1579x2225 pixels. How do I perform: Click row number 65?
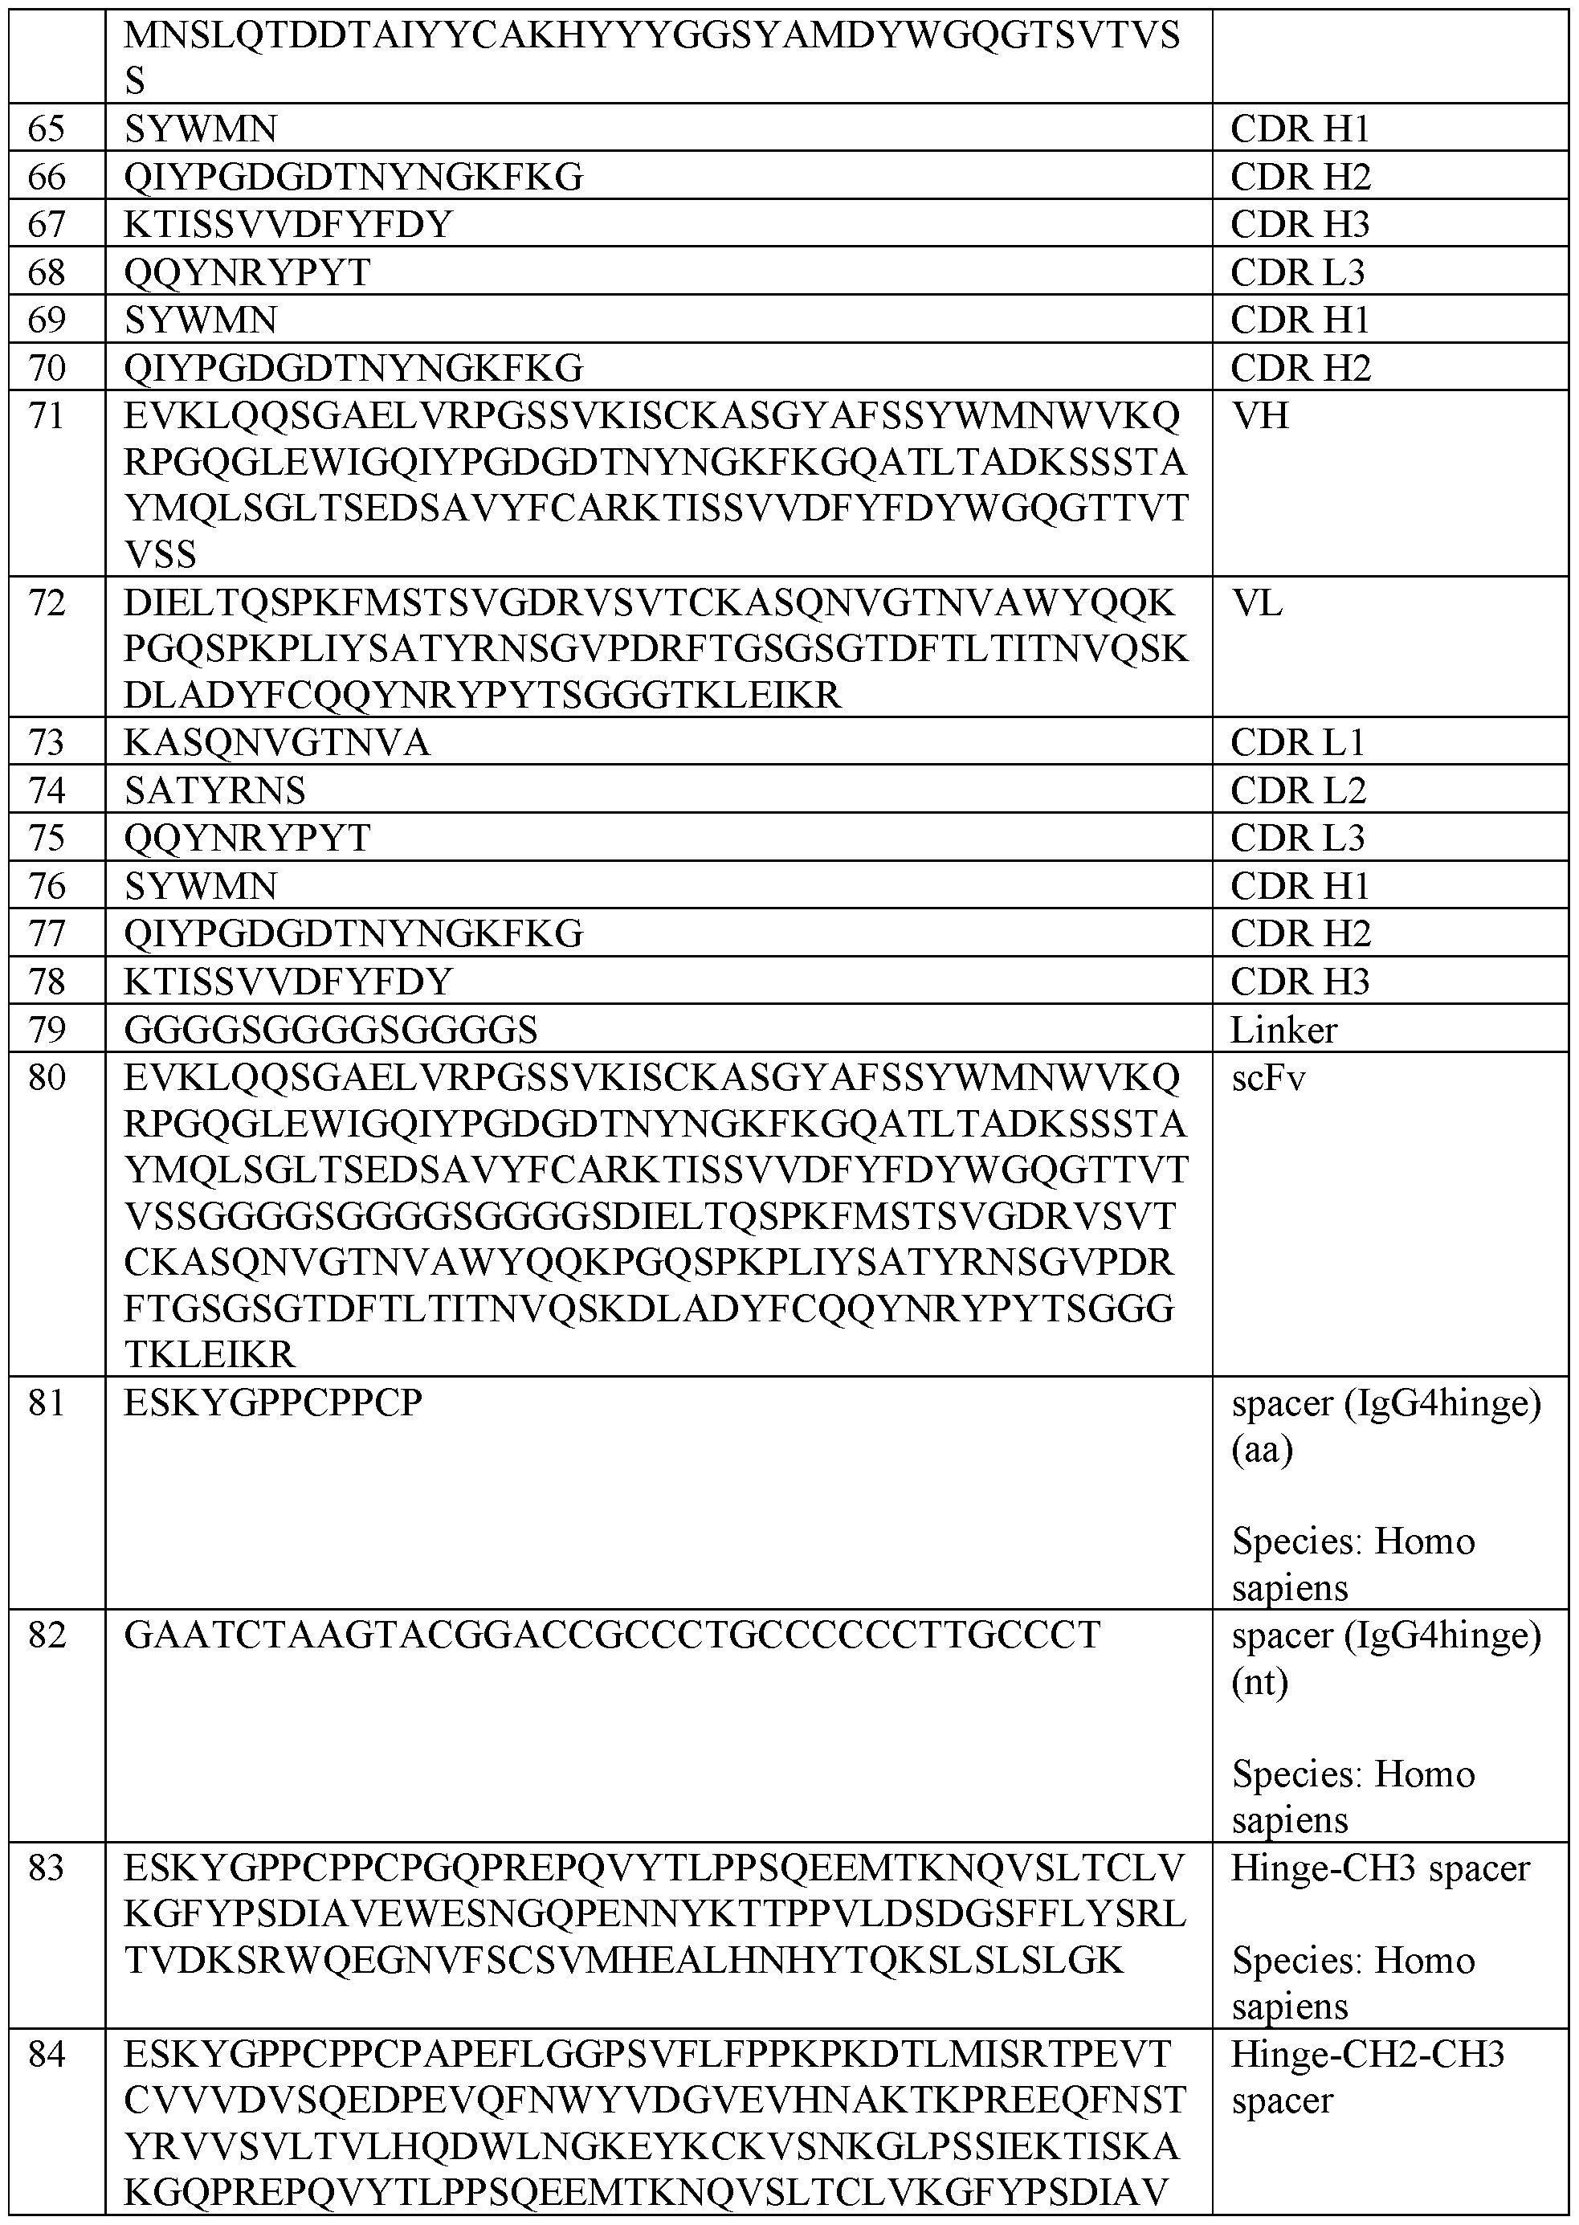pos(47,129)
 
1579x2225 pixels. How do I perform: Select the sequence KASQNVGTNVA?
pos(276,744)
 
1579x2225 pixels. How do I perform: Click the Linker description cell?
pos(1283,1031)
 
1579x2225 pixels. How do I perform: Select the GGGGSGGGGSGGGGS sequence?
pos(331,1031)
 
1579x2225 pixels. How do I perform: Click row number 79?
pos(47,1031)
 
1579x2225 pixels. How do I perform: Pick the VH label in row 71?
pos(1260,417)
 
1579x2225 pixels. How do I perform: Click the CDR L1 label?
pos(1298,744)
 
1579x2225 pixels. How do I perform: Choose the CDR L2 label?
pos(1298,791)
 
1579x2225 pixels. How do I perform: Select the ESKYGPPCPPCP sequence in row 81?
pos(273,1404)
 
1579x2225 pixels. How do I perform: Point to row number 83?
pos(47,1869)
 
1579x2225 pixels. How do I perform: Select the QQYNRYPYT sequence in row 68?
pos(247,273)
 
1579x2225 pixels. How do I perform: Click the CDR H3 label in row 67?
pos(1300,226)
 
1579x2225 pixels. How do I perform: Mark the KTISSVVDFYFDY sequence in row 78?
pos(289,983)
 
